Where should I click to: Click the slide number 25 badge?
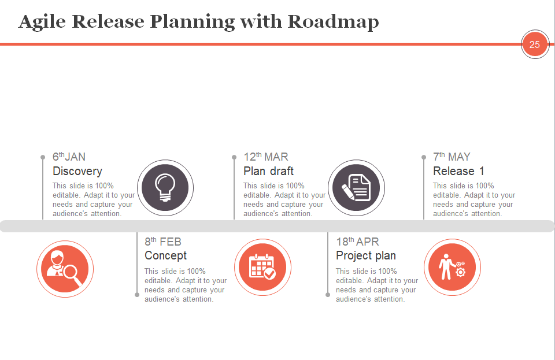pyautogui.click(x=535, y=44)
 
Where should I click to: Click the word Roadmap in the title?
pyautogui.click(x=333, y=22)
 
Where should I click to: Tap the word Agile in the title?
pyautogui.click(x=42, y=23)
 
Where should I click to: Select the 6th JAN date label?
pyautogui.click(x=69, y=156)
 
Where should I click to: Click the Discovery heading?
pyautogui.click(x=77, y=171)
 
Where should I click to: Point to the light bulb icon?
pyautogui.click(x=165, y=188)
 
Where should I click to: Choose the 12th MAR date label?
pyautogui.click(x=266, y=156)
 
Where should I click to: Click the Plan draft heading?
pyautogui.click(x=268, y=171)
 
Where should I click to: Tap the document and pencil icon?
pyautogui.click(x=356, y=188)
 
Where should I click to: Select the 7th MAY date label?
pyautogui.click(x=452, y=156)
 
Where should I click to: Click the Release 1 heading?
pyautogui.click(x=458, y=171)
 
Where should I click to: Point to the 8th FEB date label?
pyautogui.click(x=163, y=242)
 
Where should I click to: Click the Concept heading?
pyautogui.click(x=166, y=255)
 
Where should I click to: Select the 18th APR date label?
pyautogui.click(x=357, y=242)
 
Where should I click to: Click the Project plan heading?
pyautogui.click(x=366, y=255)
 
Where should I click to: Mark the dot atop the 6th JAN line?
pyautogui.click(x=43, y=157)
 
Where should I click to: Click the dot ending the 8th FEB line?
pyautogui.click(x=137, y=295)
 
